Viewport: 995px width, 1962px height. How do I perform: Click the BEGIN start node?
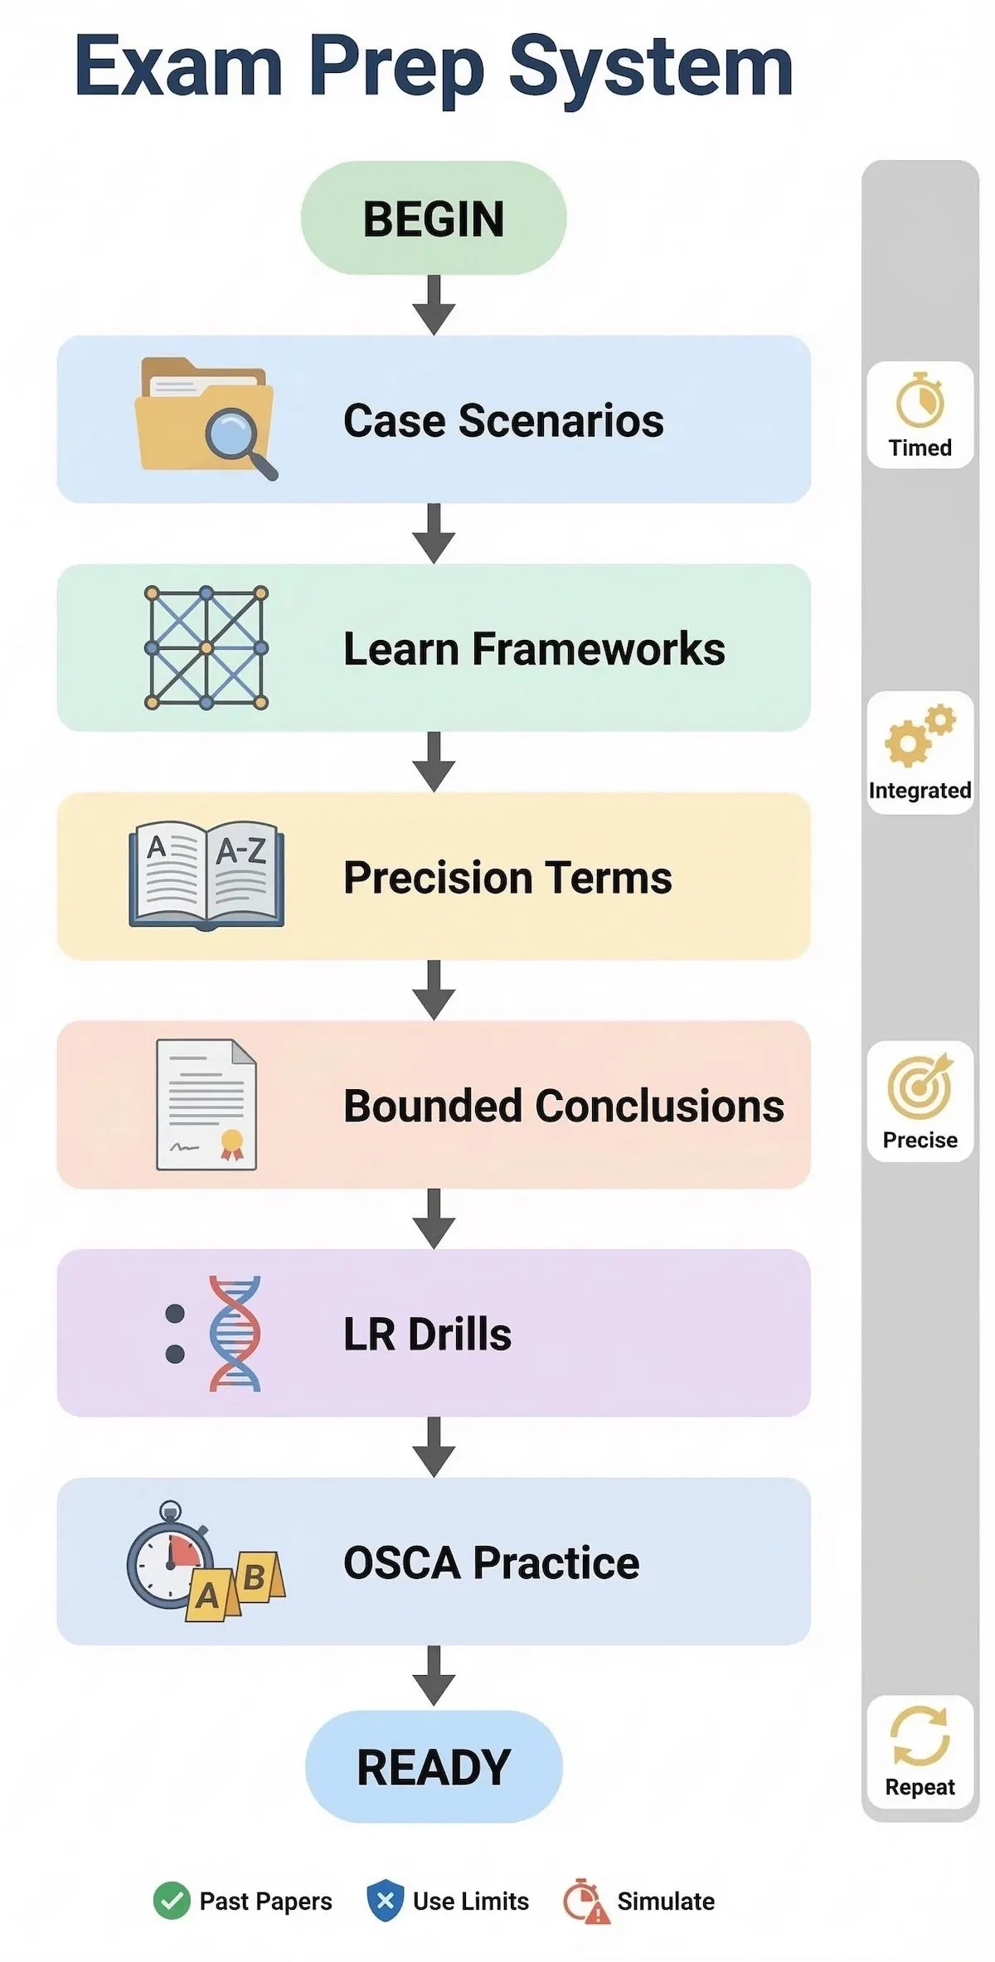[x=434, y=218]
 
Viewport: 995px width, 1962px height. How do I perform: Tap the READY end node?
[x=434, y=1766]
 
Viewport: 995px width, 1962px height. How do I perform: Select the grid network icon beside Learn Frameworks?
[x=206, y=648]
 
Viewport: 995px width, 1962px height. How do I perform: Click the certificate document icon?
[x=206, y=1105]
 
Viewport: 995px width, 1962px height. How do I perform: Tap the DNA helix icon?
[x=233, y=1333]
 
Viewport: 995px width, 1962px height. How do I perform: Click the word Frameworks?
[x=599, y=649]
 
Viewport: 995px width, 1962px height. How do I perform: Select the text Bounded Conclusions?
[x=564, y=1107]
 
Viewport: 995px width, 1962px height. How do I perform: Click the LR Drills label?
[x=427, y=1335]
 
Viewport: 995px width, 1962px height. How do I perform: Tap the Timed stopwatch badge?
[x=920, y=414]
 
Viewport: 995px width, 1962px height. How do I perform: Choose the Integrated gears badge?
[x=920, y=753]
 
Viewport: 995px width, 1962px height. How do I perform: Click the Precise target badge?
[x=920, y=1101]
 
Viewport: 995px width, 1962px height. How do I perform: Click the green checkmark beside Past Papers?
[x=172, y=1901]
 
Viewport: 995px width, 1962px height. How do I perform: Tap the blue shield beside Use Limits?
[x=386, y=1901]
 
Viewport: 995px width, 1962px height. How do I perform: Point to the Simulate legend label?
[x=666, y=1901]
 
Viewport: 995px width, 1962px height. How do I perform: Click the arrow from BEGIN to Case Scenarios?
[x=434, y=305]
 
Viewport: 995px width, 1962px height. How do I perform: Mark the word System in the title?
[x=651, y=68]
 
